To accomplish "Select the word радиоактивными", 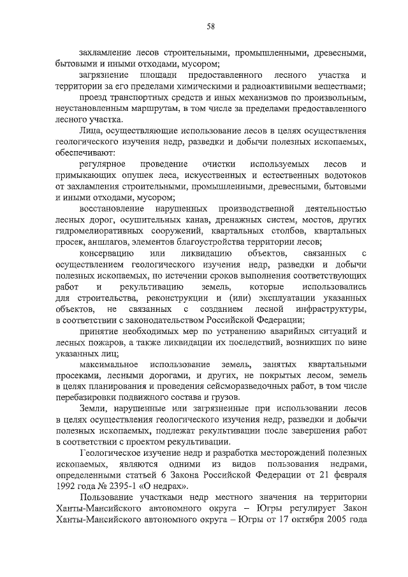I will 287,85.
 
